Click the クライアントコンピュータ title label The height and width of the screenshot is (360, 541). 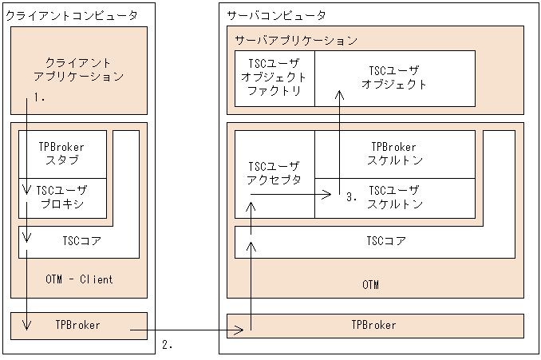[x=72, y=15]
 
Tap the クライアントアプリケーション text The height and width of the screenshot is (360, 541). [x=79, y=69]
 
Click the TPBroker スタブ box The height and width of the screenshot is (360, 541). [x=61, y=153]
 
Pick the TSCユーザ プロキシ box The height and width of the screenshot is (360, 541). [x=61, y=197]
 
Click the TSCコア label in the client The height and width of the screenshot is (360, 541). [x=81, y=240]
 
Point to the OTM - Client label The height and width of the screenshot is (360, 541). [x=79, y=279]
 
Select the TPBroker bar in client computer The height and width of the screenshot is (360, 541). [x=79, y=326]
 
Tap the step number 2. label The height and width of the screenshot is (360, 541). [x=167, y=346]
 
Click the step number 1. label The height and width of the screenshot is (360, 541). [x=39, y=98]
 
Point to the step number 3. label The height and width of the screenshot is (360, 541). [x=351, y=196]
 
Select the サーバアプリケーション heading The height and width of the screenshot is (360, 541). [x=295, y=40]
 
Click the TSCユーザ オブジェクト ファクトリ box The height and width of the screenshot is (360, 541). [x=274, y=77]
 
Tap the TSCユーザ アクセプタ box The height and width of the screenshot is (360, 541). [x=274, y=173]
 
